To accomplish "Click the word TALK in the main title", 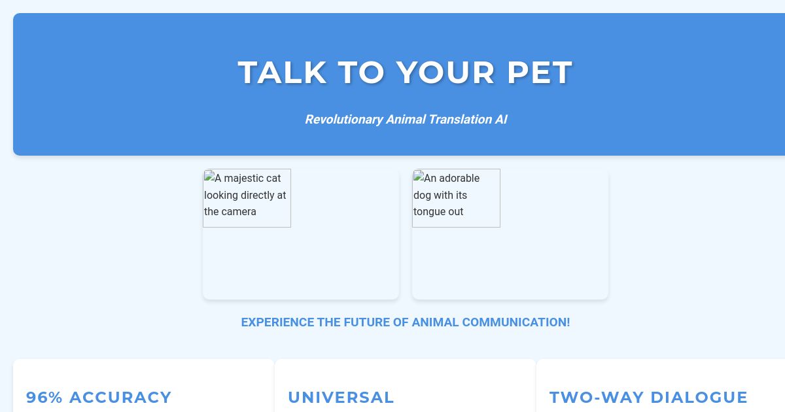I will [x=282, y=73].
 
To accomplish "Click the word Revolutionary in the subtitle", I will [x=343, y=120].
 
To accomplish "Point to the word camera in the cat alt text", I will [x=239, y=212].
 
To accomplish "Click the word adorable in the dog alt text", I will [x=459, y=178].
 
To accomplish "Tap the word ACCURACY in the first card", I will [x=120, y=397].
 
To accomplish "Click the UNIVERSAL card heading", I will [x=341, y=397].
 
